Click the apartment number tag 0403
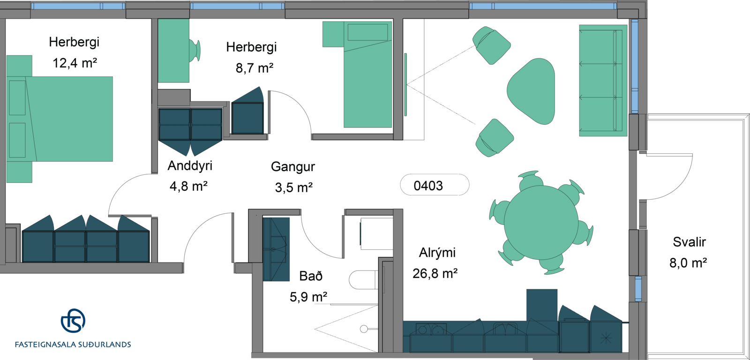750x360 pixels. click(435, 185)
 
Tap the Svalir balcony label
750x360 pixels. click(689, 242)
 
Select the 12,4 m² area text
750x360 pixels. click(75, 63)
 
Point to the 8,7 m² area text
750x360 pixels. click(255, 67)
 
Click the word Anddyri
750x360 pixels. click(190, 165)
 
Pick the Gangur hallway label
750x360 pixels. click(293, 166)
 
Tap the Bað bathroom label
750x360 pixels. click(311, 276)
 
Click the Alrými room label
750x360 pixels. click(437, 253)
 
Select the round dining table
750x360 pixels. click(541, 222)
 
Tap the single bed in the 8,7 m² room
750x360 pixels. click(367, 75)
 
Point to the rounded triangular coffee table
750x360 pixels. click(531, 91)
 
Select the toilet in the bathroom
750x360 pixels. click(363, 280)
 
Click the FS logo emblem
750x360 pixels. click(73, 321)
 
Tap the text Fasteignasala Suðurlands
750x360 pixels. click(73, 345)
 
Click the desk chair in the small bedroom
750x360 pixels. click(195, 51)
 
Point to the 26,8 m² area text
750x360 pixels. click(435, 274)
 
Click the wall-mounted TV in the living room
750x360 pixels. click(405, 84)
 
